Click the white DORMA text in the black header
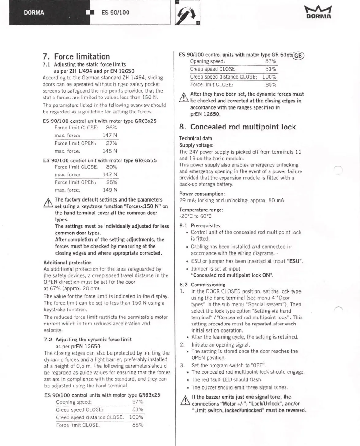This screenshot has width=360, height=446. (34, 13)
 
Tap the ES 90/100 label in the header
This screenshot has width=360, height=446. (115, 13)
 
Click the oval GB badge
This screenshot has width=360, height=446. (298, 56)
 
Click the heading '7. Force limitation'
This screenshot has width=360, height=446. (76, 56)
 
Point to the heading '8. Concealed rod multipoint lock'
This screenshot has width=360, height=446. (237, 127)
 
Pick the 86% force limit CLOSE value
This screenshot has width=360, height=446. (111, 128)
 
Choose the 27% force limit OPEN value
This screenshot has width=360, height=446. (111, 143)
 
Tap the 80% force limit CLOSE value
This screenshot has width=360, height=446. (111, 167)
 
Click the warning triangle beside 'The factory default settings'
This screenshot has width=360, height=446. (48, 203)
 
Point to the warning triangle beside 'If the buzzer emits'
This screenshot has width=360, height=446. (185, 401)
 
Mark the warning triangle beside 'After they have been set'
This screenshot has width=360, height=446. (183, 98)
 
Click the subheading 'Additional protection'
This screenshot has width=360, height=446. (67, 263)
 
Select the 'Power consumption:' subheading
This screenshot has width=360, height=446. (202, 194)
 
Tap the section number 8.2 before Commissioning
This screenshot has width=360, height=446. (184, 285)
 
